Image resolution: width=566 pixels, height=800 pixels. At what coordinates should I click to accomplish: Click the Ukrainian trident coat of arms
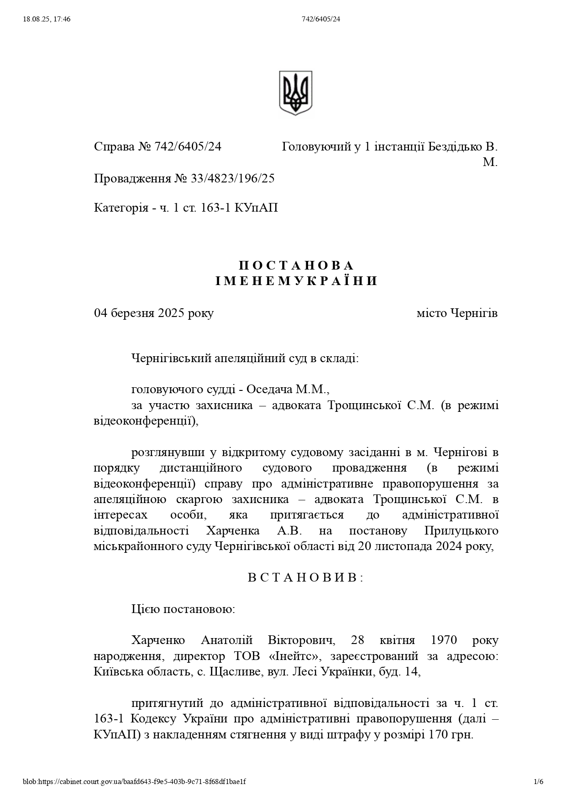(295, 93)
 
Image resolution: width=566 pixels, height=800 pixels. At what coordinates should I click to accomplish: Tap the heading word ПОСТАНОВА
(296, 265)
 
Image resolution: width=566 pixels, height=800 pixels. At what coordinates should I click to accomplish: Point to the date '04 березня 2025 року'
(154, 313)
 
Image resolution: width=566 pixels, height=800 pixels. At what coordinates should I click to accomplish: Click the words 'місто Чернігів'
(457, 313)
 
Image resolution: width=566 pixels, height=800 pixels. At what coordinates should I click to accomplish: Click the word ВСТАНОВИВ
(305, 577)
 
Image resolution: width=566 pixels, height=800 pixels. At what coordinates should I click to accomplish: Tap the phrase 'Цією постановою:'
(183, 609)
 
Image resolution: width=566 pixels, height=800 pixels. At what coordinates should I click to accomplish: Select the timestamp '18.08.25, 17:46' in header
(46, 19)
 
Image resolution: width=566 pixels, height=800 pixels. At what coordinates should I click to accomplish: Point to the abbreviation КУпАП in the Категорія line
(256, 208)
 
